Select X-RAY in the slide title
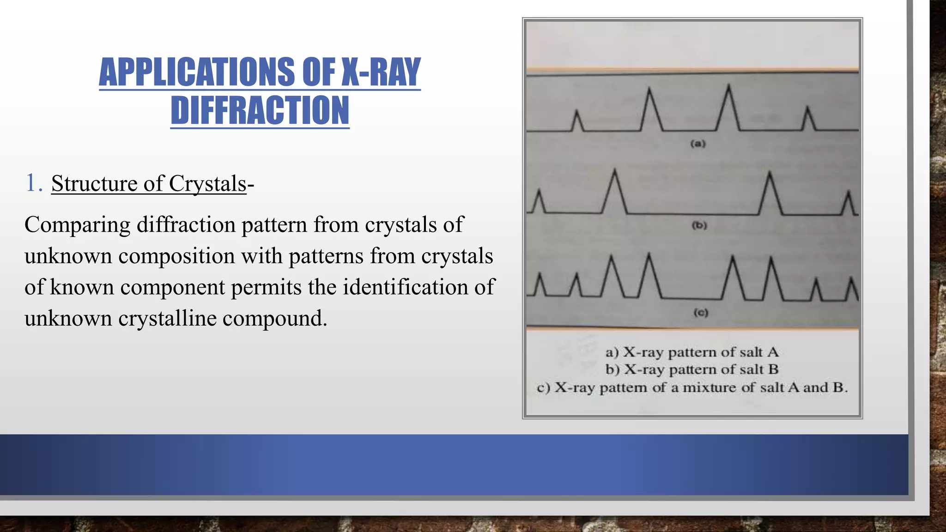381,72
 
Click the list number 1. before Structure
34,183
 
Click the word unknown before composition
68,256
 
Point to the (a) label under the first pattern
698,144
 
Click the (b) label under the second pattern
699,225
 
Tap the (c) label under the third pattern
700,313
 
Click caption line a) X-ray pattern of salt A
691,352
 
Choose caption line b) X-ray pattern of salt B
691,369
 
